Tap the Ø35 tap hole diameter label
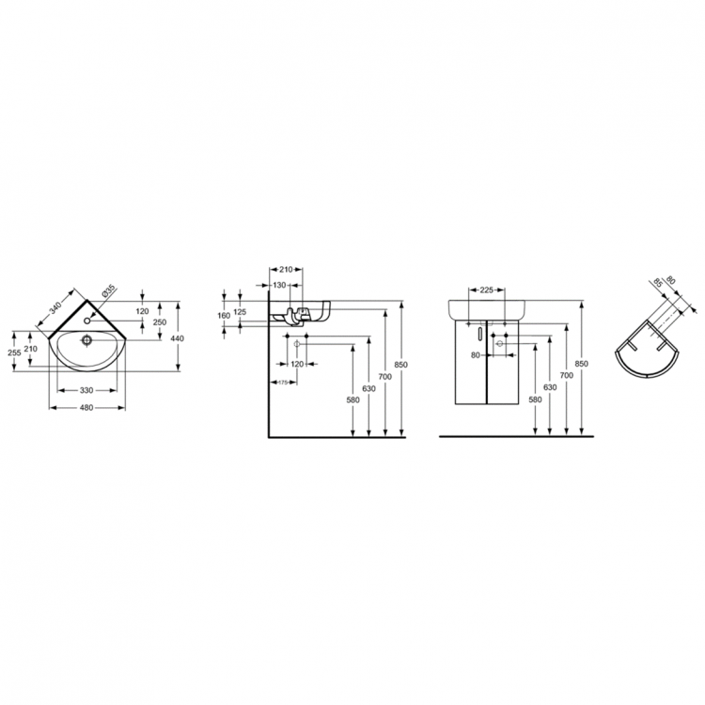click(x=108, y=292)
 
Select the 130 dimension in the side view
click(x=279, y=285)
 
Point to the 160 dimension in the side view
click(x=224, y=316)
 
